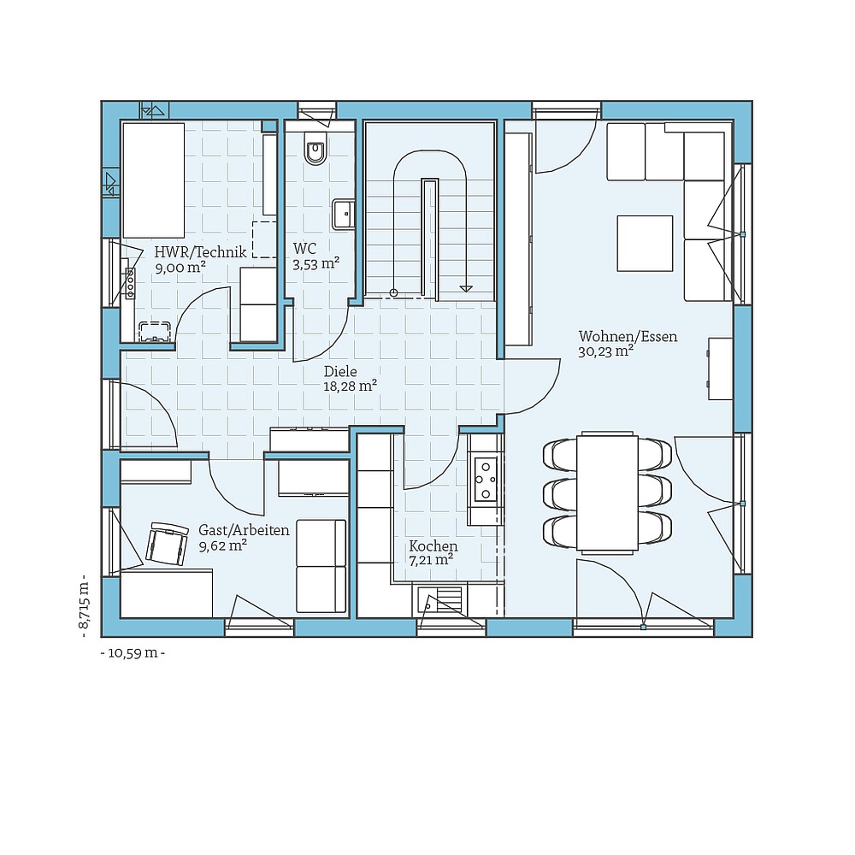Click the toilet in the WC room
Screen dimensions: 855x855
(x=315, y=150)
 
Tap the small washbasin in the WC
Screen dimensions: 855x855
(x=343, y=214)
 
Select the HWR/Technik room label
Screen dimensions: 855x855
(x=200, y=252)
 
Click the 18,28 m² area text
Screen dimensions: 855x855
(x=351, y=386)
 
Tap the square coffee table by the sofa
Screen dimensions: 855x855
(x=645, y=244)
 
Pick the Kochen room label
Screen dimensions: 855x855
(x=433, y=546)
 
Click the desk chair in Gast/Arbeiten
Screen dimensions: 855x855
(x=167, y=544)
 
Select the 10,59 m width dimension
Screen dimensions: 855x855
(x=133, y=653)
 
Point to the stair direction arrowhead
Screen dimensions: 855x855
(x=466, y=289)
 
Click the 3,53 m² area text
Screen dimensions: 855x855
(x=316, y=265)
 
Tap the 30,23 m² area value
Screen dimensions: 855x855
(x=605, y=351)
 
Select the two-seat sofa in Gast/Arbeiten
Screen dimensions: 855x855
(x=321, y=565)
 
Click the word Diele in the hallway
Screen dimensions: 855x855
(x=340, y=372)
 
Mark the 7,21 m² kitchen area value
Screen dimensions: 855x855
(x=431, y=561)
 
